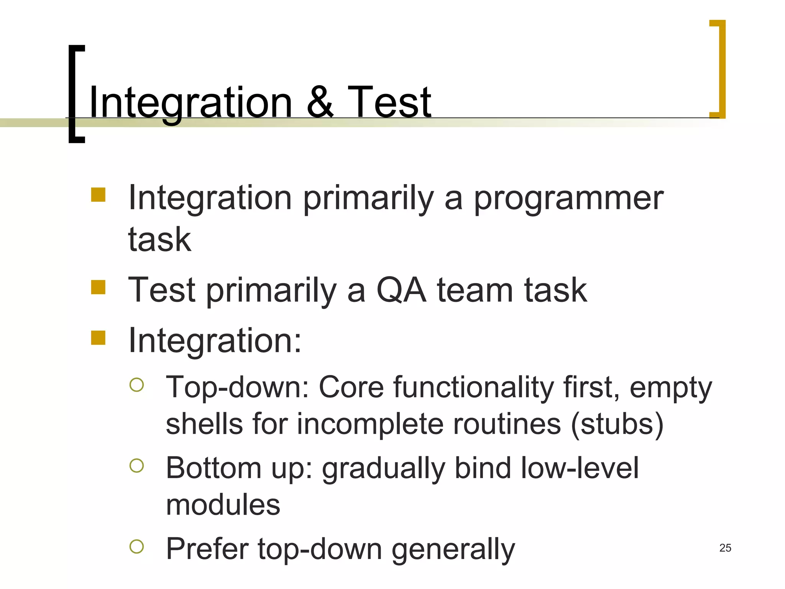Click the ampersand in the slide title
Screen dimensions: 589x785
pos(320,102)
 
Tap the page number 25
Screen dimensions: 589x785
pos(725,548)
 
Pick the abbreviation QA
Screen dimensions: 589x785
pos(401,290)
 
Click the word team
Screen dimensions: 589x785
pos(475,290)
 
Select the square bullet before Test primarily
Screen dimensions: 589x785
pos(99,287)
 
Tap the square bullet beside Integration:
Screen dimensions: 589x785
pos(99,338)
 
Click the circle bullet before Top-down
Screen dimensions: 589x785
pos(137,385)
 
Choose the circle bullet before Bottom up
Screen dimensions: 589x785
pos(137,466)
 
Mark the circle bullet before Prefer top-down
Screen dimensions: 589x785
pos(137,546)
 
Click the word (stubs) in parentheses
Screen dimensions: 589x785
pos(617,424)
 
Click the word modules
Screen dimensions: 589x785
pos(223,505)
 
